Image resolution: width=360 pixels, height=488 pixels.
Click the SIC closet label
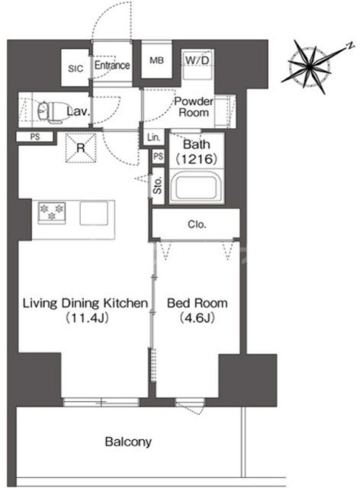tap(76, 69)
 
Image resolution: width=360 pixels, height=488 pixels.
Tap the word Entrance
tap(112, 65)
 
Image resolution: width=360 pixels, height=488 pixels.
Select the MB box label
tap(156, 60)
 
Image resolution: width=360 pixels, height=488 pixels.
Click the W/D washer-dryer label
tap(197, 60)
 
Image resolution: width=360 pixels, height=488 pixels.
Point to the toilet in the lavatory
tap(49, 111)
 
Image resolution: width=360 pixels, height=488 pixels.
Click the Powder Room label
tap(194, 107)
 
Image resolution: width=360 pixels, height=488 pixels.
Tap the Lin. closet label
tap(153, 137)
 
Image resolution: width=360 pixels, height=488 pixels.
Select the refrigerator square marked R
tap(81, 148)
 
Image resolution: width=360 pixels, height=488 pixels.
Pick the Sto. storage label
tap(158, 186)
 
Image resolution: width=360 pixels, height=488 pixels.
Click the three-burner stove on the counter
tap(52, 212)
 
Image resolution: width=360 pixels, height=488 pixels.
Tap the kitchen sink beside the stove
tap(94, 213)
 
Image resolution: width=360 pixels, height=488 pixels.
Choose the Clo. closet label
tap(197, 224)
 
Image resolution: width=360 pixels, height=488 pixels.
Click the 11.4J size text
tap(87, 318)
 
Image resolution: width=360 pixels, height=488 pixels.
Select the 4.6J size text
tap(197, 318)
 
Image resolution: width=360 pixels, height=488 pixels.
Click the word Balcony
tap(128, 441)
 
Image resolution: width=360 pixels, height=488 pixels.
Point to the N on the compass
tap(351, 46)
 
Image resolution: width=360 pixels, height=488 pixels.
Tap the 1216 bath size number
tap(197, 159)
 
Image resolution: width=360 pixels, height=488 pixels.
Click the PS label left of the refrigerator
tap(35, 136)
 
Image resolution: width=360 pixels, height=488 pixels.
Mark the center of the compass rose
tap(309, 66)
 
